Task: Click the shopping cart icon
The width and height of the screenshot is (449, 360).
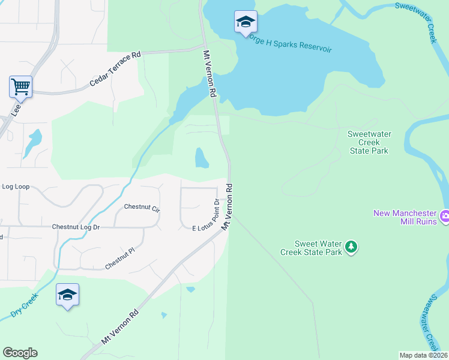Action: tap(20, 87)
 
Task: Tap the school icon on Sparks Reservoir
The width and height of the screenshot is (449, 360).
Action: tap(245, 22)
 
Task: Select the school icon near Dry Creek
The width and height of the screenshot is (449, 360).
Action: tap(67, 295)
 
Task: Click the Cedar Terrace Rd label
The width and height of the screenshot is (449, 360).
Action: tap(115, 68)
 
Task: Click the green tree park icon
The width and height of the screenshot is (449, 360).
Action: tap(351, 246)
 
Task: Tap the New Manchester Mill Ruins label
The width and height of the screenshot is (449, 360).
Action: tap(406, 217)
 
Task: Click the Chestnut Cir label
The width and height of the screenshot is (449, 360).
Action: tap(142, 208)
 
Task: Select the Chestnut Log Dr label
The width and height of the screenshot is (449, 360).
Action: tap(76, 227)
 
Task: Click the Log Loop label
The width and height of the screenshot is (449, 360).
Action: tap(16, 187)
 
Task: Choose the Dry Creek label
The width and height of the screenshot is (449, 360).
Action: tap(24, 305)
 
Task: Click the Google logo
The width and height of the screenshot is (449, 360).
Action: tap(20, 353)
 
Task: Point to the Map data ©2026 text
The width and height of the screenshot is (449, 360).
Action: tap(423, 355)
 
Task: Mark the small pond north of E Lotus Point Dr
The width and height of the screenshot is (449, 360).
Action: tap(202, 158)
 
